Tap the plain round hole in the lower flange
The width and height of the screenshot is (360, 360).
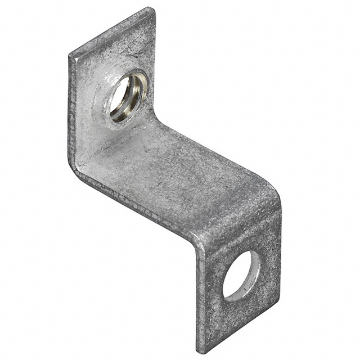click(241, 275)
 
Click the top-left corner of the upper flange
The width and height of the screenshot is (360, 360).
click(70, 55)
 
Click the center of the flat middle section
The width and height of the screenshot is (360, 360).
click(180, 180)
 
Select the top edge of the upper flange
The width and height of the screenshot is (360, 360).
click(110, 31)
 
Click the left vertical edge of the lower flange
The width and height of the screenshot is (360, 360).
click(197, 298)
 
